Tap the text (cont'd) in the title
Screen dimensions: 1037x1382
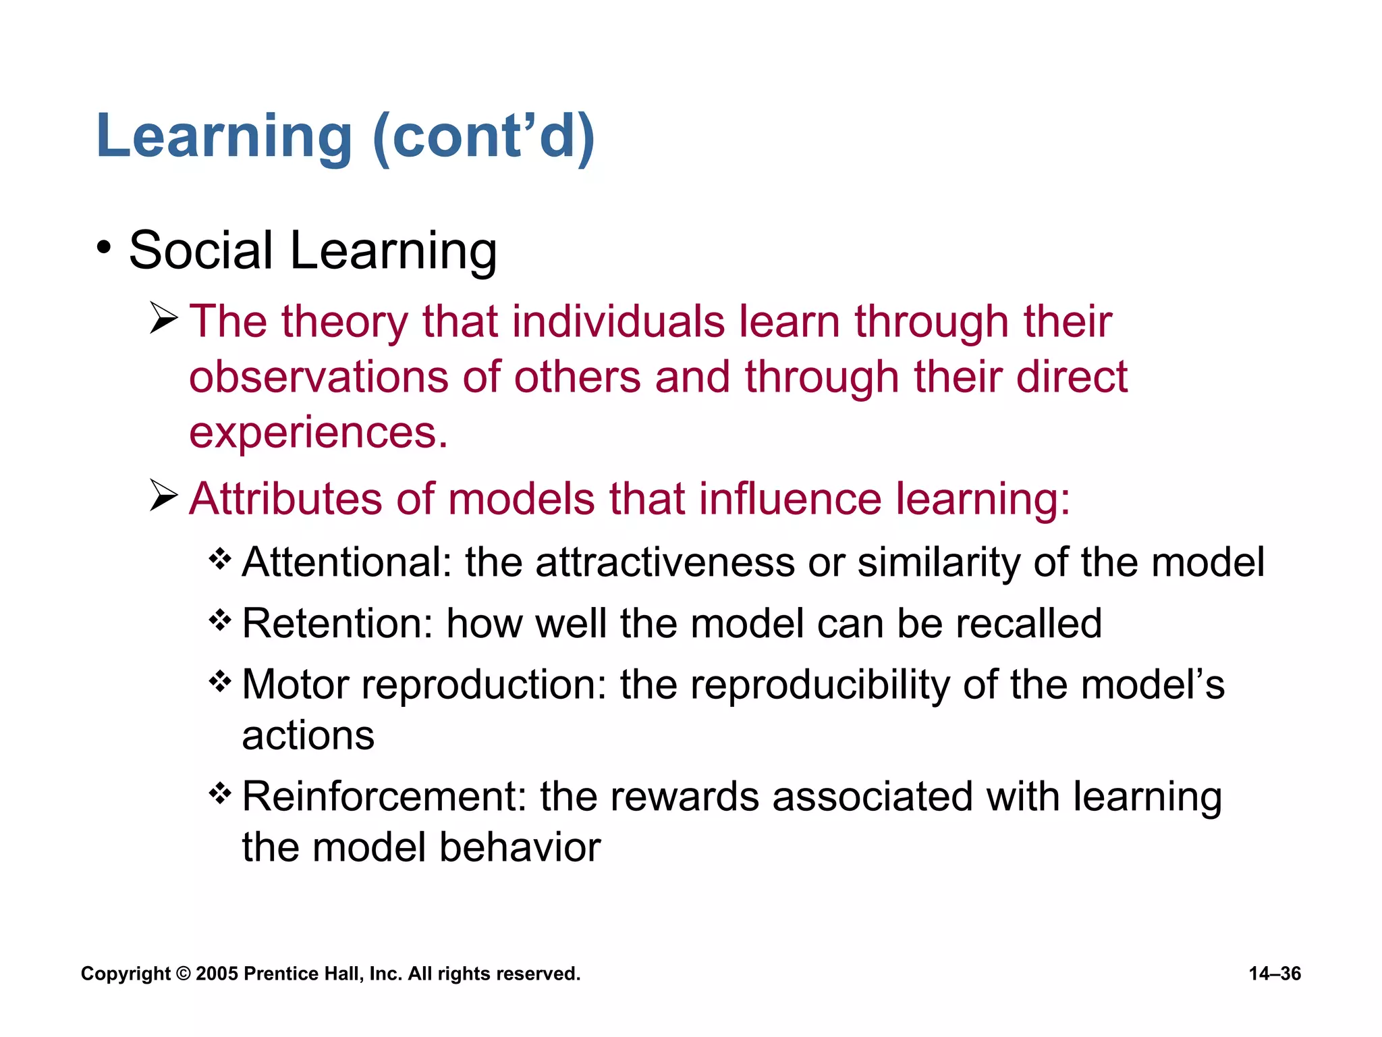[483, 137]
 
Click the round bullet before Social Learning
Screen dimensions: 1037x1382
[103, 248]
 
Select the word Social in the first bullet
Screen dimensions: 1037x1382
[201, 250]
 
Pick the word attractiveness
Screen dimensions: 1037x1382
[665, 562]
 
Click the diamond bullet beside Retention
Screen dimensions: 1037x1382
[220, 619]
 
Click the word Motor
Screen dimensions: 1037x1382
[296, 685]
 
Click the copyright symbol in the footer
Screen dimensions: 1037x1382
[183, 974]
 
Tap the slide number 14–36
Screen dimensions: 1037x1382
[1274, 974]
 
